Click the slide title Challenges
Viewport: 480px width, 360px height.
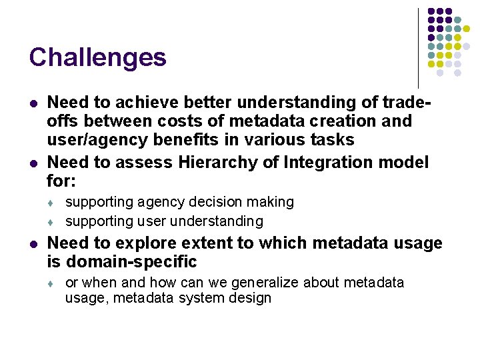tap(97, 57)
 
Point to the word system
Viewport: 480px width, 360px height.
tap(200, 298)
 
